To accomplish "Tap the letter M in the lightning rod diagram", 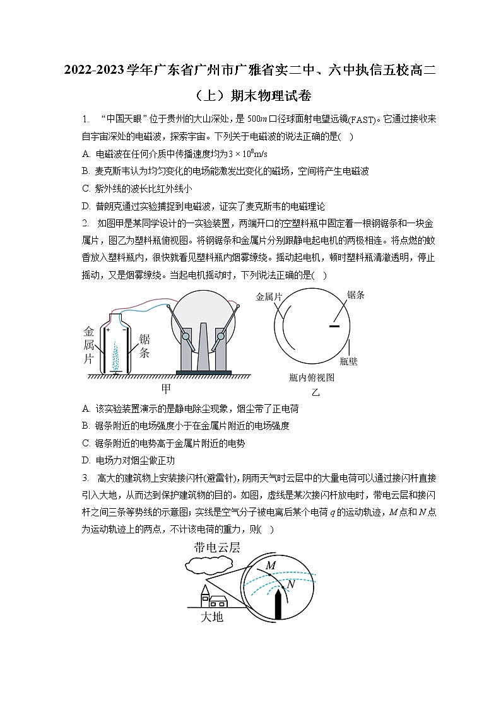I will [270, 566].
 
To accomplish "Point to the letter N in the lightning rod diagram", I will [290, 584].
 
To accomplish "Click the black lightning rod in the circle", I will [278, 605].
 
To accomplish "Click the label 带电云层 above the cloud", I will [217, 547].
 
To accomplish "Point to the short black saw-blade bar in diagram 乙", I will [334, 326].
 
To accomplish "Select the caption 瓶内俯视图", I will [311, 378].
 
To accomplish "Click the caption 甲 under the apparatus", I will [166, 388].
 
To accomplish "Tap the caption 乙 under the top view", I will [315, 392].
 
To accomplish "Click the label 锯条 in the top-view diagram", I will [357, 294].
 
